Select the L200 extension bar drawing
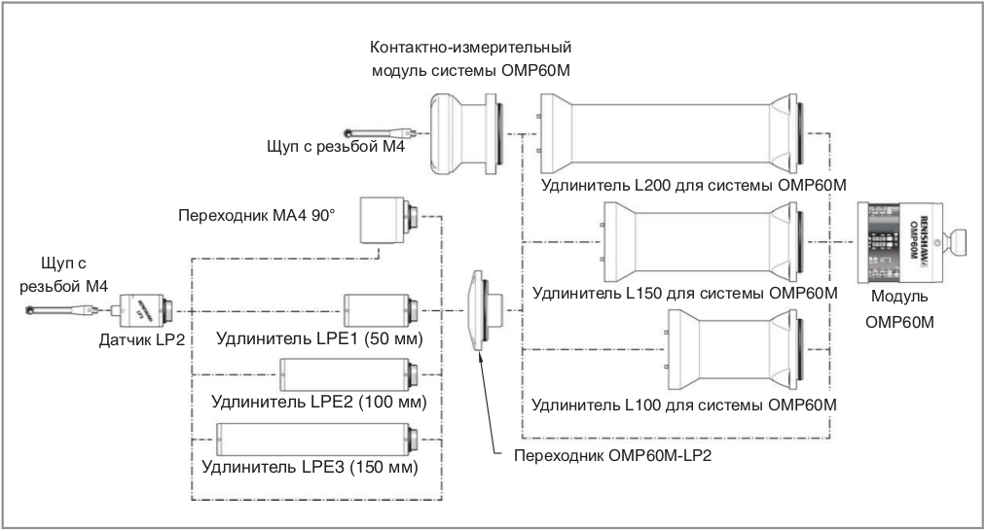pyautogui.click(x=672, y=133)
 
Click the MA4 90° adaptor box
pyautogui.click(x=385, y=221)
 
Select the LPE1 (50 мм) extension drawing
pyautogui.click(x=381, y=310)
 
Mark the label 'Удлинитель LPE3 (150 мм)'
pyautogui.click(x=310, y=467)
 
